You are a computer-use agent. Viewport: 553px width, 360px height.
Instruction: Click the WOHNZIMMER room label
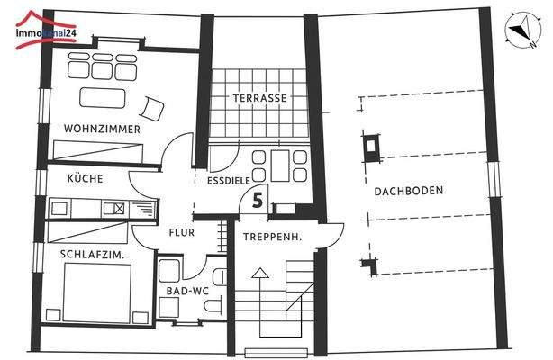pyautogui.click(x=102, y=129)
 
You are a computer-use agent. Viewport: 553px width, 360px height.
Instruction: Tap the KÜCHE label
pyautogui.click(x=85, y=178)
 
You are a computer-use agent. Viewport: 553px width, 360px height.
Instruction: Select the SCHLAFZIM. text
pyautogui.click(x=91, y=255)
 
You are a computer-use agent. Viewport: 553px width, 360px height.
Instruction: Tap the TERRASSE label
pyautogui.click(x=259, y=97)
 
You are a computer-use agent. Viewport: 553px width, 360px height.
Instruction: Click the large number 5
pyautogui.click(x=258, y=201)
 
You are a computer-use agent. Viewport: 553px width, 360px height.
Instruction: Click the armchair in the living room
pyautogui.click(x=154, y=109)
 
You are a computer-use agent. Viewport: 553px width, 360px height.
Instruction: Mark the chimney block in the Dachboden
pyautogui.click(x=370, y=144)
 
